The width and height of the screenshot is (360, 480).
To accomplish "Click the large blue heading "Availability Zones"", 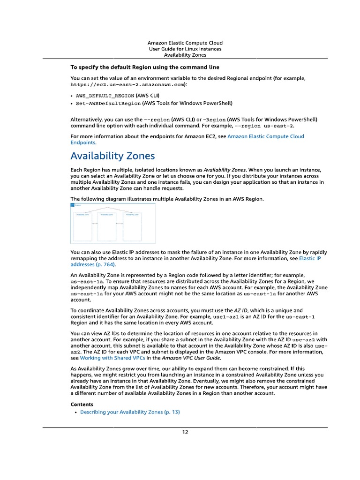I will pos(112,156).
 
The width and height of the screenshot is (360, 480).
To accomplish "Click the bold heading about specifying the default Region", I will pos(145,67).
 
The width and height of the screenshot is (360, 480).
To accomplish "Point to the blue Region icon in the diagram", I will pos(72,204).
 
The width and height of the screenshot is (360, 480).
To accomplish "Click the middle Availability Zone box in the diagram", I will pos(106,227).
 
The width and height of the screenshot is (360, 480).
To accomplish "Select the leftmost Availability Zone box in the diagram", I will pos(82,227).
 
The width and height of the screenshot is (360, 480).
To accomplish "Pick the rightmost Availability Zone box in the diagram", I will pos(132,227).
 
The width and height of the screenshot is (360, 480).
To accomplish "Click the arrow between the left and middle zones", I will pos(94,224).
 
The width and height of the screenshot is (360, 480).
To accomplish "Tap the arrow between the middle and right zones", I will pos(119,224).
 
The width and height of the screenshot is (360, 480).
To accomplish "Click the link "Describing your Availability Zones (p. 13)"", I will pos(130,412).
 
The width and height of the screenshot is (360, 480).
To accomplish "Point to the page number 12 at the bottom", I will pos(185,432).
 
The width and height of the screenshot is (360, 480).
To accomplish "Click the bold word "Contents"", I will pos(82,404).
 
